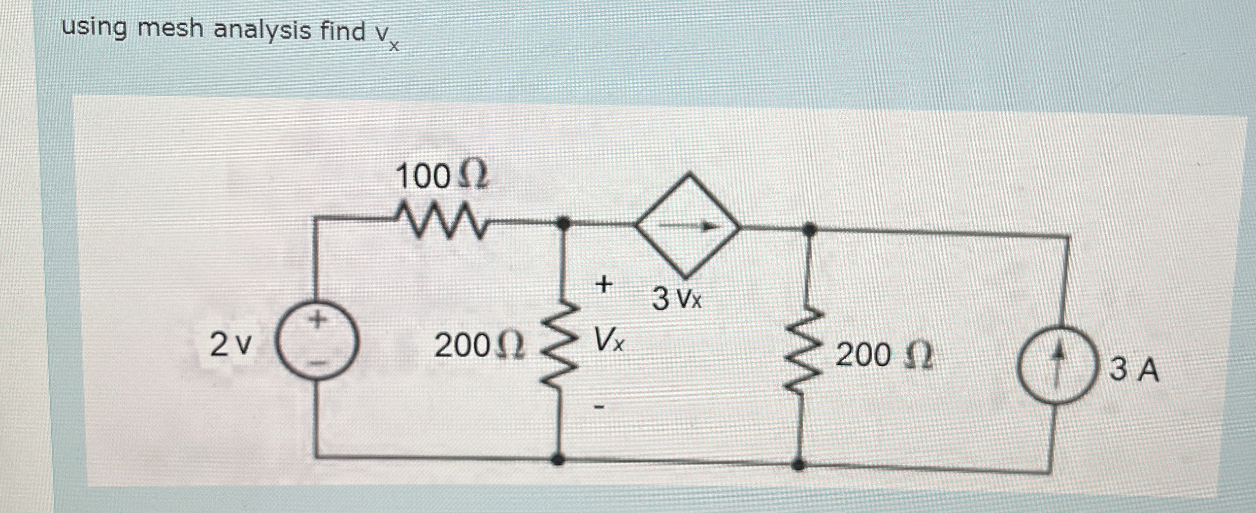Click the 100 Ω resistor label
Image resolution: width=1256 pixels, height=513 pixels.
tap(442, 177)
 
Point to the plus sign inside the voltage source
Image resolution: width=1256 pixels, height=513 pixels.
tap(317, 320)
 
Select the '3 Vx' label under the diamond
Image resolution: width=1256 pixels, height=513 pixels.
tap(677, 299)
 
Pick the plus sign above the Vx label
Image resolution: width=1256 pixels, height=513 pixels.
tap(603, 284)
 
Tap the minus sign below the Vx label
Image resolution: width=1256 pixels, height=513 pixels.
tap(600, 406)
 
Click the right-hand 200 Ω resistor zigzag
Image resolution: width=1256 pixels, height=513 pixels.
tap(804, 350)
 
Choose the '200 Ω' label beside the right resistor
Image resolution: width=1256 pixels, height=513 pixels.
tap(883, 355)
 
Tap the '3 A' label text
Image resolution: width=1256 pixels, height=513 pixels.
tap(1134, 370)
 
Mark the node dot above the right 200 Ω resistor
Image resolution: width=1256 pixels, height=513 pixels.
tap(810, 229)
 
